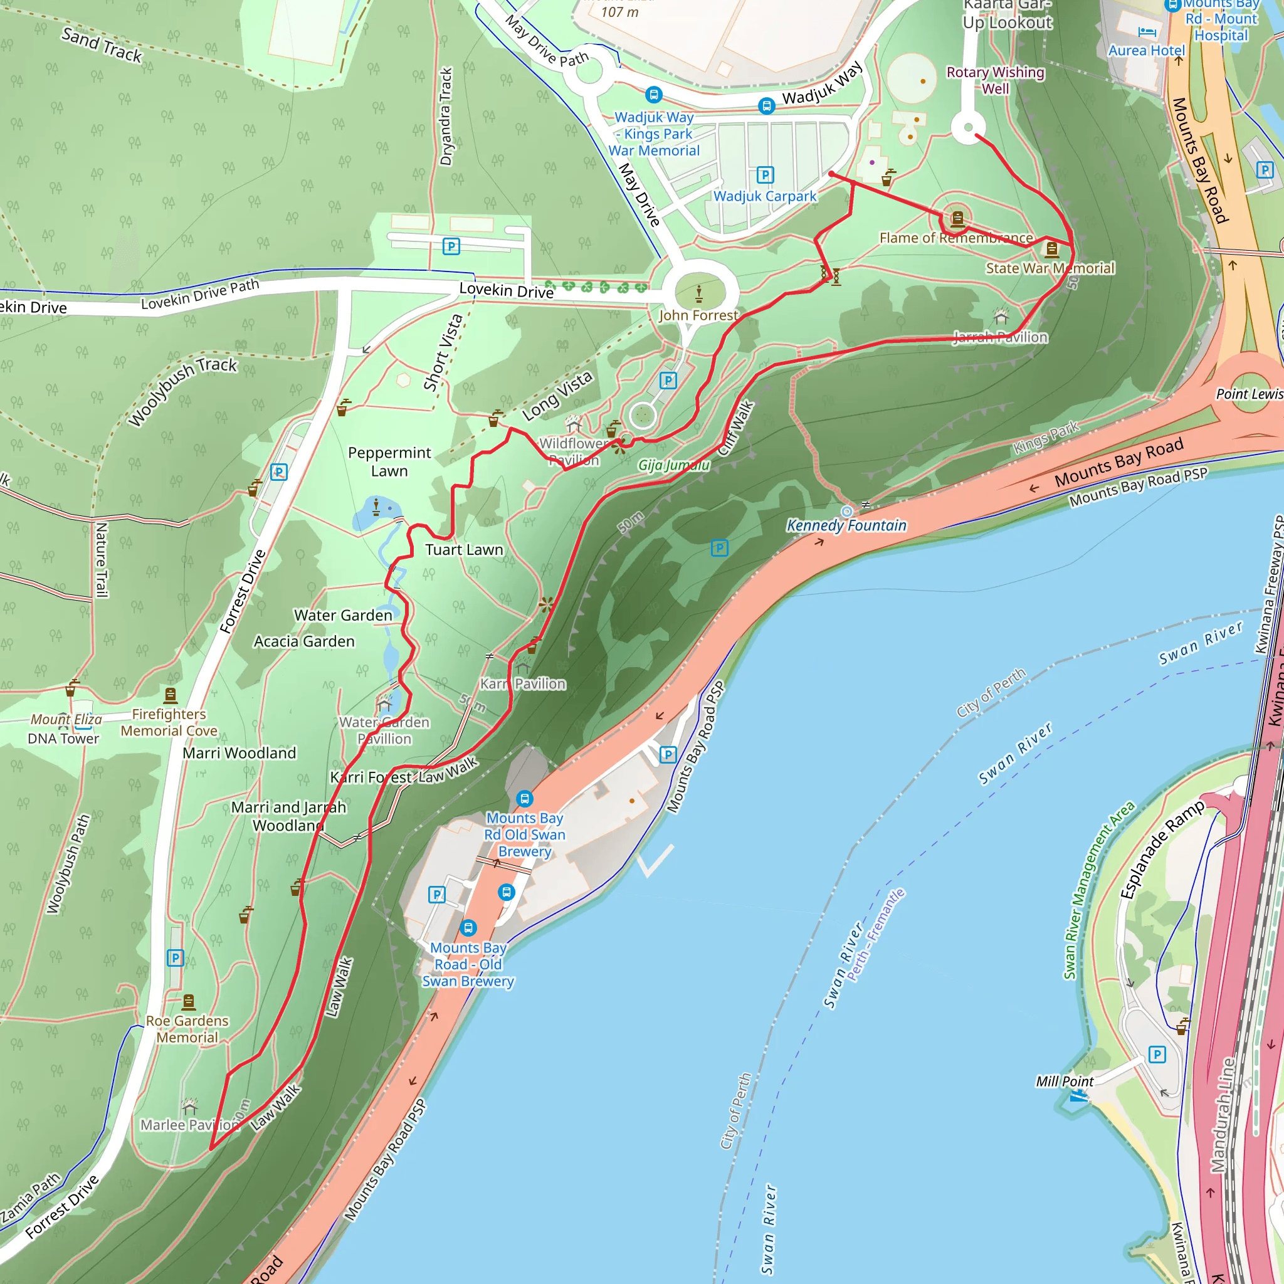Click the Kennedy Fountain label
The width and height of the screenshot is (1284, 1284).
click(x=846, y=525)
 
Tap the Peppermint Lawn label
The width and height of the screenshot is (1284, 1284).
click(x=389, y=461)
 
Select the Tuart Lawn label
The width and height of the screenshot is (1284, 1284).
click(x=464, y=550)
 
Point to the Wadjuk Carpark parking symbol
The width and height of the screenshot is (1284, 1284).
click(x=765, y=175)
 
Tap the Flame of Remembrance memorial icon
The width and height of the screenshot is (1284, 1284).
click(x=957, y=218)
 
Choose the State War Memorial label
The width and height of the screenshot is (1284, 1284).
click(x=1050, y=268)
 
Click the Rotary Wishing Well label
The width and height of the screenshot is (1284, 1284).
click(x=995, y=80)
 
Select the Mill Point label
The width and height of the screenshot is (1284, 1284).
click(x=1064, y=1081)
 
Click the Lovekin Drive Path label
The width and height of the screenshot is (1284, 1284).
click(x=199, y=295)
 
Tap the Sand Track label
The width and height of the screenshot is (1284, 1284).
click(x=102, y=45)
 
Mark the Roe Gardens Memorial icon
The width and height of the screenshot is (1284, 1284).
click(x=189, y=1001)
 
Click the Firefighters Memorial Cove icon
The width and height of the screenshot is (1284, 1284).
click(x=171, y=695)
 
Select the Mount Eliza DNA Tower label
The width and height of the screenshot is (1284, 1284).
click(x=65, y=729)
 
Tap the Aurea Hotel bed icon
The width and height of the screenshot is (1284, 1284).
click(x=1147, y=31)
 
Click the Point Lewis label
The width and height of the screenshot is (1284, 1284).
click(x=1249, y=394)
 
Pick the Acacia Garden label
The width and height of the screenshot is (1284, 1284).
click(x=304, y=641)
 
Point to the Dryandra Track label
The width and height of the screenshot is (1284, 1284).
click(x=446, y=117)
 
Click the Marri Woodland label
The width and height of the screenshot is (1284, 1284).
click(x=239, y=753)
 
